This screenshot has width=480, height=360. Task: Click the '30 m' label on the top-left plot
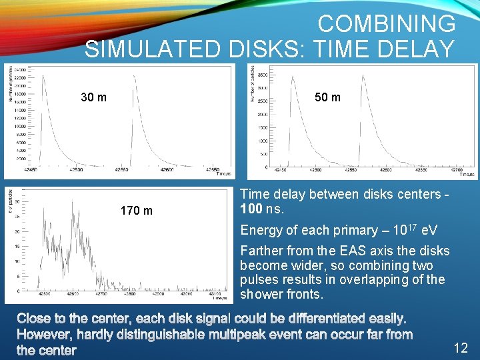[x=93, y=97]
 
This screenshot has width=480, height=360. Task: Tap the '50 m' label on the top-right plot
[x=327, y=97]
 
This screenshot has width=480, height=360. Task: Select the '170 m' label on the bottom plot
[x=136, y=211]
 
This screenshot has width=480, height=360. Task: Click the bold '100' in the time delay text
[x=251, y=209]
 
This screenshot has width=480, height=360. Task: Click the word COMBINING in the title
[x=387, y=24]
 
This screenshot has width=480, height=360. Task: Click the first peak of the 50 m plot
[x=291, y=77]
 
